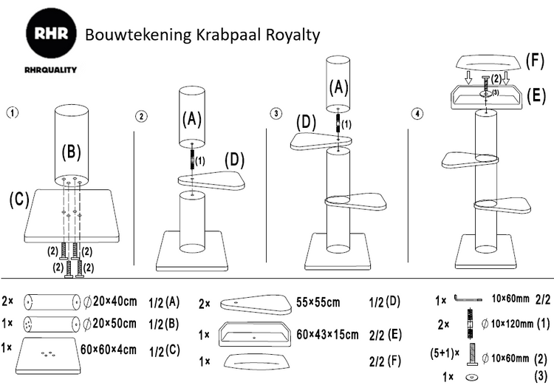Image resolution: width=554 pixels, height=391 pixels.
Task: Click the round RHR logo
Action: click(52, 34)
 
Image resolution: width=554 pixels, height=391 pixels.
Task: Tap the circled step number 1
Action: click(13, 113)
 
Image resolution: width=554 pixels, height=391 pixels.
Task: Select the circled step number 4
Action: click(417, 114)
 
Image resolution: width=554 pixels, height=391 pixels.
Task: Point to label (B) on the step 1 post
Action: click(72, 152)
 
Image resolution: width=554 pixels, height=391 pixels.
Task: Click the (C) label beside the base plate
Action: click(19, 200)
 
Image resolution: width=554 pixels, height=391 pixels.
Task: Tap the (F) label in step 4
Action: click(535, 61)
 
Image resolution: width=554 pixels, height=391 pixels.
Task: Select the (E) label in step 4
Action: click(536, 95)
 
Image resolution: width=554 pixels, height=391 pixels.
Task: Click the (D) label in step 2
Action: click(235, 160)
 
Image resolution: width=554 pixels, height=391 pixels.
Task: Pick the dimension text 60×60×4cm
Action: click(109, 350)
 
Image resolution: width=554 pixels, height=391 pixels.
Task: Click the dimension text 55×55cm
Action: click(318, 302)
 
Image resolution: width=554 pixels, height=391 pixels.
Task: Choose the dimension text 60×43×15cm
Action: click(327, 334)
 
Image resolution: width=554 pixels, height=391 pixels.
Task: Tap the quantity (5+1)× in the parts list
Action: click(445, 353)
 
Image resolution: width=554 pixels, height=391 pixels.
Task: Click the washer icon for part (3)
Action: click(471, 377)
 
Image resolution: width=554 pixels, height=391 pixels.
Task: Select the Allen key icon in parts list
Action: click(468, 299)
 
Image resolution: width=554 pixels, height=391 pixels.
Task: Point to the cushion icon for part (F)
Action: click(256, 361)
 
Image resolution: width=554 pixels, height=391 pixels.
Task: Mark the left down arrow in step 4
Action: click(468, 78)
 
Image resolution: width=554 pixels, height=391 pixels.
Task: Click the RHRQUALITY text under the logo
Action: click(50, 69)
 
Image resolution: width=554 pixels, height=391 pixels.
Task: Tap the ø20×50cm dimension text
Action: click(110, 324)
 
